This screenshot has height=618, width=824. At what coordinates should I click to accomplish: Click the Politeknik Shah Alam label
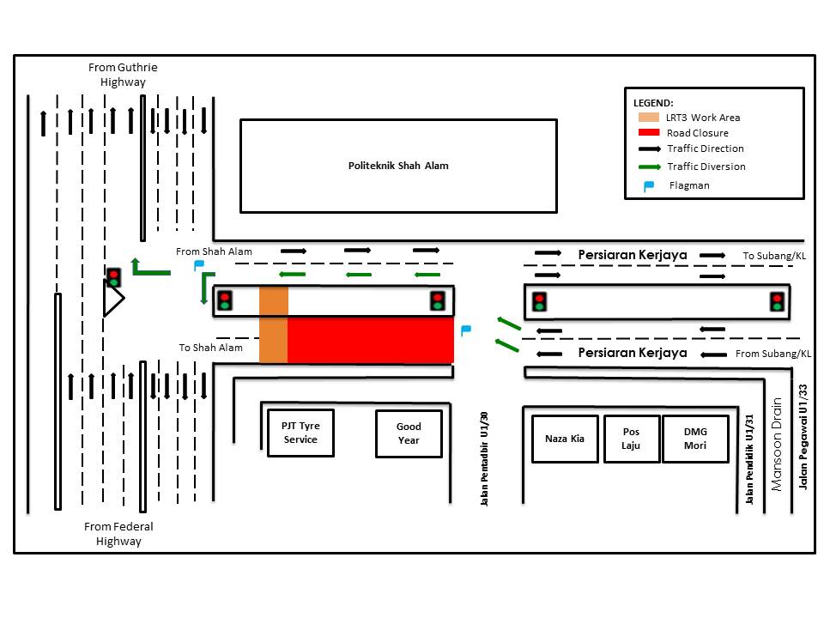pos(398,166)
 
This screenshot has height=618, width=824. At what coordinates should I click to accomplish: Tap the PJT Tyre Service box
pos(300,433)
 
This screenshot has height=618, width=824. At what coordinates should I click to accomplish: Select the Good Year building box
pos(409,433)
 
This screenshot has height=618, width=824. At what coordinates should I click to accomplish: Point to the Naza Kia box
pos(564,439)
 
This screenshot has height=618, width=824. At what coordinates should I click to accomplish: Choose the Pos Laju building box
pos(632,439)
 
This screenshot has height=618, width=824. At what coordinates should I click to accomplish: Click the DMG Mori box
pos(695,439)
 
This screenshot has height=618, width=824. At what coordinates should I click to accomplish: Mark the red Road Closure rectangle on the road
pos(370,340)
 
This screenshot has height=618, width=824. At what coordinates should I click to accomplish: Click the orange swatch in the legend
pos(649,118)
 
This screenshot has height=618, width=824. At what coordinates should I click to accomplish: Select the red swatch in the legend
pos(649,133)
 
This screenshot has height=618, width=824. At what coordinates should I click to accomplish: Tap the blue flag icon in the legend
pos(649,185)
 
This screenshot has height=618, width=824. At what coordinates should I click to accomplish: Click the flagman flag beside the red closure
pos(465,330)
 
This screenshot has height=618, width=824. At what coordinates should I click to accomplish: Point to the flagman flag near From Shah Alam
pos(199,265)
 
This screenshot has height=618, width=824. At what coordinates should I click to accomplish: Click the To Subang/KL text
pos(774,256)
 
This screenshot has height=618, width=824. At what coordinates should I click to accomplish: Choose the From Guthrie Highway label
pos(124,75)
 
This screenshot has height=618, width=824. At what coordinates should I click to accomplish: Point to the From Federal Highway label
pos(118,534)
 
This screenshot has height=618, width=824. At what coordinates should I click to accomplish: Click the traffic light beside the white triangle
pos(113,278)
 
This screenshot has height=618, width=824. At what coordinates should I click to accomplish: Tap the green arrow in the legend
pos(649,167)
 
